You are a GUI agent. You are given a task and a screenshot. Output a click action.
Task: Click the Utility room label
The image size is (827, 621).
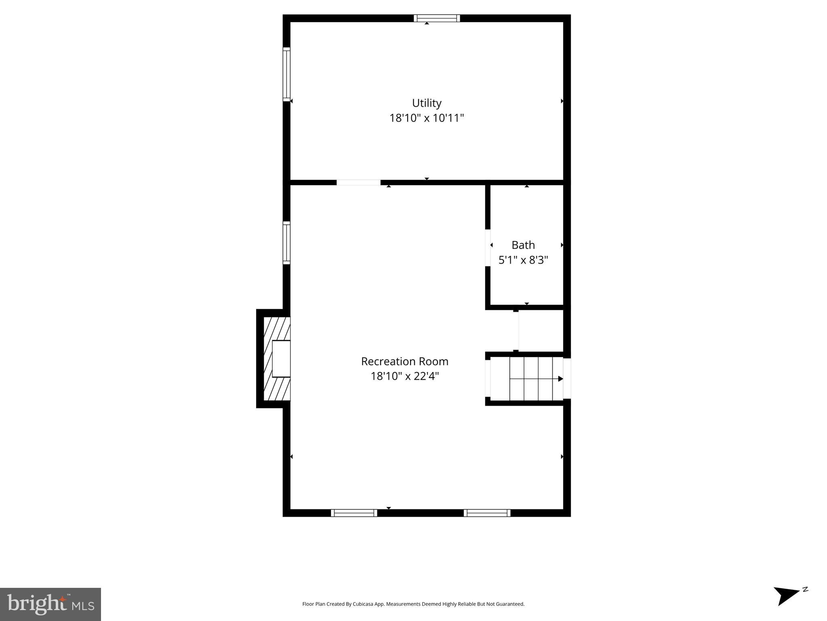(426, 103)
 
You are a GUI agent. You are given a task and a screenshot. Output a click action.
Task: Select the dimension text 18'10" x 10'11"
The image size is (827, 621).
(426, 118)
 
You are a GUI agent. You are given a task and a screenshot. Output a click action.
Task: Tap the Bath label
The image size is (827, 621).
(523, 245)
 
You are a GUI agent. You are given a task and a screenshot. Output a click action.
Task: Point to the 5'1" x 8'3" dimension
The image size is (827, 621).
(523, 260)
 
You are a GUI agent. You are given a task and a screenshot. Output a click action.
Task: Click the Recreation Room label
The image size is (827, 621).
(404, 361)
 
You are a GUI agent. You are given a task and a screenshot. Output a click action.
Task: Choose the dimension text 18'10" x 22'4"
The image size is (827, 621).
(404, 376)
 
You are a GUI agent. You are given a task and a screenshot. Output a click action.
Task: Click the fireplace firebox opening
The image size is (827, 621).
(281, 359)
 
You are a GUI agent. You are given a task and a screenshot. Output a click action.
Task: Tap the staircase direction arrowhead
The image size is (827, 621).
(560, 379)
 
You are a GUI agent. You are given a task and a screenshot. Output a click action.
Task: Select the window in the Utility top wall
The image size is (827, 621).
(436, 18)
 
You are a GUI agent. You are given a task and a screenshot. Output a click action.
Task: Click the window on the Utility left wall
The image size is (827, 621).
(286, 74)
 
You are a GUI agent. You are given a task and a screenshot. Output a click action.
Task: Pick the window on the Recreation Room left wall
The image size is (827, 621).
(286, 243)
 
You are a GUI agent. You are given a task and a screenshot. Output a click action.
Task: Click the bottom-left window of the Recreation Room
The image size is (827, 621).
(354, 513)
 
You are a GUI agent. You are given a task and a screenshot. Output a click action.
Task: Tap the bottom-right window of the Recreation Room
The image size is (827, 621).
(487, 513)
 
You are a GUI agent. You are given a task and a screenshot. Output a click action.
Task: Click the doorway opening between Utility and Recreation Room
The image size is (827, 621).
(358, 182)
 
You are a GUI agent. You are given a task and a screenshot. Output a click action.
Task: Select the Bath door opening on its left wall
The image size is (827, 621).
(488, 248)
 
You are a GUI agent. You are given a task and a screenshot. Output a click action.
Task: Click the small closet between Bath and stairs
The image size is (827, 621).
(541, 331)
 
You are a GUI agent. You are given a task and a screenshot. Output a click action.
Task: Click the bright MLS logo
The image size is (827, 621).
(51, 604)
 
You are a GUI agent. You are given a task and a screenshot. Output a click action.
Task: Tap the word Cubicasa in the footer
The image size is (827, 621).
(362, 604)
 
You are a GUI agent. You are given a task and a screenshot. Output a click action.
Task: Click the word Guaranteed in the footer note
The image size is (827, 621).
(511, 604)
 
